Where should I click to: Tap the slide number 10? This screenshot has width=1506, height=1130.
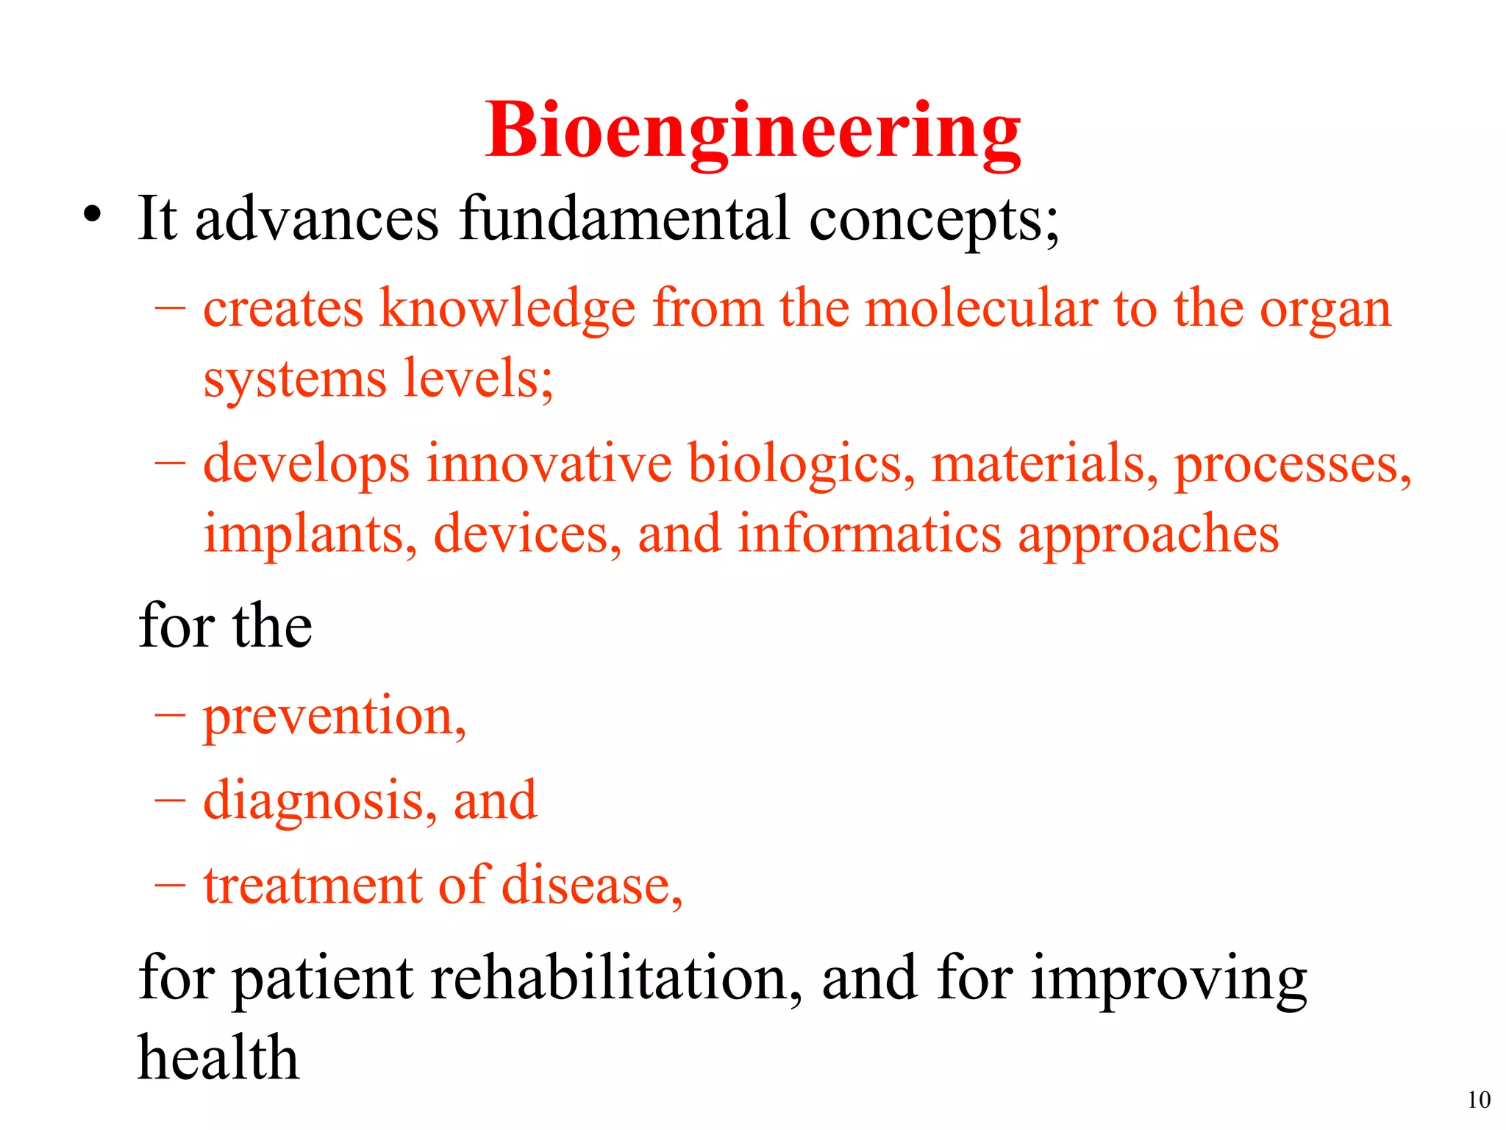(1479, 1100)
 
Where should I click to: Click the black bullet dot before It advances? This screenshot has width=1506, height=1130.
(92, 215)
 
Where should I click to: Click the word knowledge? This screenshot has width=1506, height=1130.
(507, 309)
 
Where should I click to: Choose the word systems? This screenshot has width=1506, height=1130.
(295, 380)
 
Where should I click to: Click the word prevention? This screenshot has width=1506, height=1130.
(335, 717)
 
